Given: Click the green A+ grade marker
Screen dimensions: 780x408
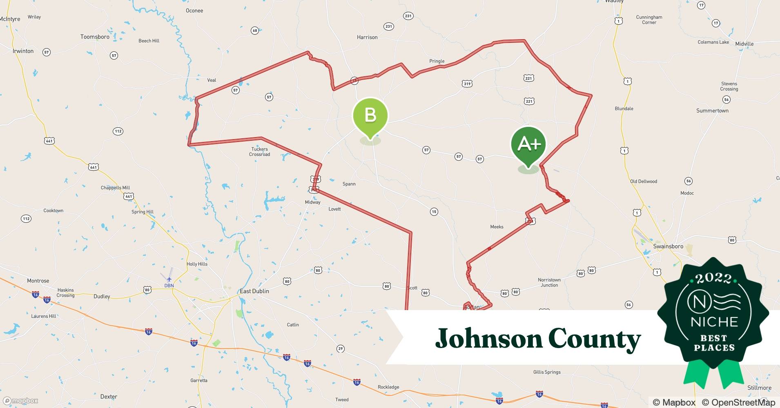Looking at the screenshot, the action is [x=528, y=145].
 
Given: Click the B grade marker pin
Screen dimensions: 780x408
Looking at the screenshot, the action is [x=370, y=116].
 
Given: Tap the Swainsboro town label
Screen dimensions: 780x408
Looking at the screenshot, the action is [x=668, y=246].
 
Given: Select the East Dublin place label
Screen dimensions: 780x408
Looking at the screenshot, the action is [x=254, y=291].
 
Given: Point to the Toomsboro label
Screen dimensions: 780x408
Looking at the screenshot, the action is [x=95, y=37].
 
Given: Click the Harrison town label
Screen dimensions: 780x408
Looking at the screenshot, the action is [x=367, y=37].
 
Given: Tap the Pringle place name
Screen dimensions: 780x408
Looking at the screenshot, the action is [x=437, y=61].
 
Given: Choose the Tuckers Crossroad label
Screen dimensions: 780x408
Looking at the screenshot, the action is [x=260, y=152].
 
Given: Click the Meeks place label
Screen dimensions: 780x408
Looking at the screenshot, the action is [x=497, y=227].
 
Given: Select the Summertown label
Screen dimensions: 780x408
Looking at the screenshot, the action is [x=712, y=111].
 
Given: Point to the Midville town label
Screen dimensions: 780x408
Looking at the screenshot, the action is [x=744, y=44].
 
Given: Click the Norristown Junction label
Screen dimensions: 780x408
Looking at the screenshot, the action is [x=549, y=282].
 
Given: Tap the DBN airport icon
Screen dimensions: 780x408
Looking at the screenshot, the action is [x=169, y=279].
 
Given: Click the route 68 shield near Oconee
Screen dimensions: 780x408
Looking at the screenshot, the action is [x=255, y=31].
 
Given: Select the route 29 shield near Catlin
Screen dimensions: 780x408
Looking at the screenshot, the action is [x=341, y=348].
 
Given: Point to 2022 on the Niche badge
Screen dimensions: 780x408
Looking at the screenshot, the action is [x=713, y=279].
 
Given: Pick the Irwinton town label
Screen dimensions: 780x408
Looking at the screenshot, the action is [x=23, y=51].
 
